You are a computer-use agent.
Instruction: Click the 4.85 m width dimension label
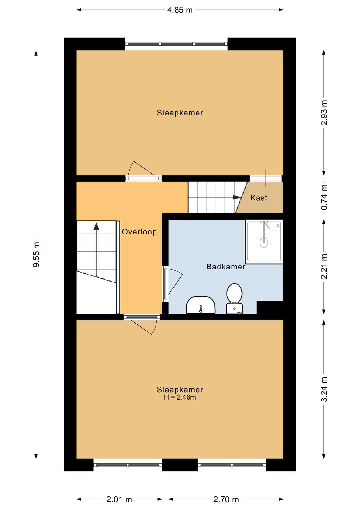click(180, 10)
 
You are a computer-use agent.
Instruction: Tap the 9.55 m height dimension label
click(36, 254)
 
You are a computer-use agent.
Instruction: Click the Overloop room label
click(139, 232)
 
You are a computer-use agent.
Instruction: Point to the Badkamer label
click(226, 267)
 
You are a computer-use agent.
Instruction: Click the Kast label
click(259, 198)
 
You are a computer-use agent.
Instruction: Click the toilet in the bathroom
click(234, 298)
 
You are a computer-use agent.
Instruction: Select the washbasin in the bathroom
click(201, 305)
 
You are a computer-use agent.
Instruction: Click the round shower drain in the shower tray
click(264, 242)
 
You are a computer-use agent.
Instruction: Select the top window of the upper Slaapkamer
click(177, 44)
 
